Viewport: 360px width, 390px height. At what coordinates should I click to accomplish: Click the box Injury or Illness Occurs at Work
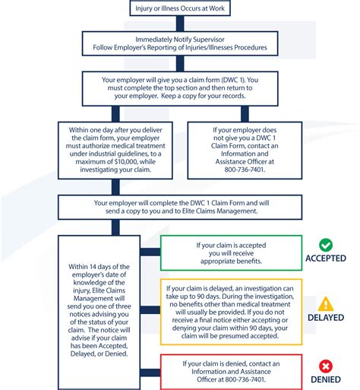(179, 8)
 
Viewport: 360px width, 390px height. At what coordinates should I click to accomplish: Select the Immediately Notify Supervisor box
(180, 43)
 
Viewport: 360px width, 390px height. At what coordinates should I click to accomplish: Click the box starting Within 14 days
(98, 311)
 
